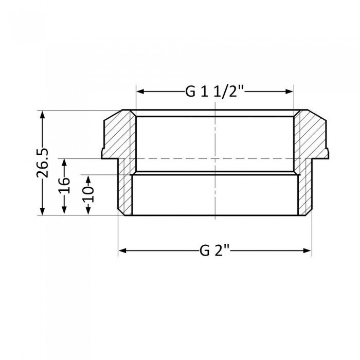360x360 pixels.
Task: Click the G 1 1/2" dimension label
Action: click(214, 93)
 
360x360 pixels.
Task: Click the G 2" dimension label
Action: click(214, 251)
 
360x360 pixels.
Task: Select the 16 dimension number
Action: click(64, 186)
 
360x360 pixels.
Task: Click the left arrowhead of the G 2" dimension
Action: click(122, 251)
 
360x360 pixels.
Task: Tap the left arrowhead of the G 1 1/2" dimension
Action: click(140, 92)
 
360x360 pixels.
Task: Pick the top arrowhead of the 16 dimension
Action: click(64, 161)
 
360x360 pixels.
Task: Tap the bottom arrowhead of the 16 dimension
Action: click(64, 211)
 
